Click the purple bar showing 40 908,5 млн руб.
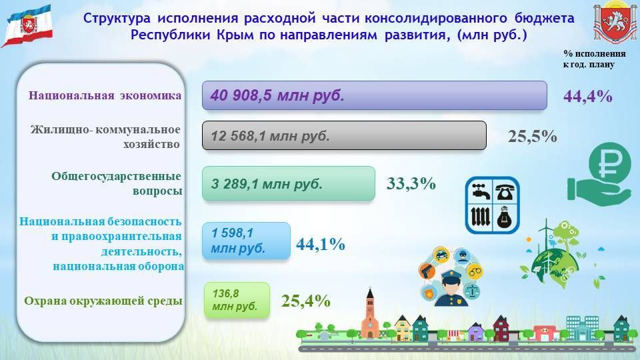tap(374, 95)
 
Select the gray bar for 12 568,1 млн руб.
tap(344, 136)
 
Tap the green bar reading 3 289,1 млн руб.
tap(288, 183)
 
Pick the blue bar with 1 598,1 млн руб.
tap(246, 241)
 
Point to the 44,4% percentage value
tap(587, 97)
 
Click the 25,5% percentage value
tap(532, 137)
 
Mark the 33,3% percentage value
tap(411, 183)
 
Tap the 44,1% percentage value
tap(320, 245)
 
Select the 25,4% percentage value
tap(306, 301)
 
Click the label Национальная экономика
tap(105, 95)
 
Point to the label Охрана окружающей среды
tap(103, 301)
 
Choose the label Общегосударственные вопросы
tap(117, 183)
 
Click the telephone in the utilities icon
tap(506, 190)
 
